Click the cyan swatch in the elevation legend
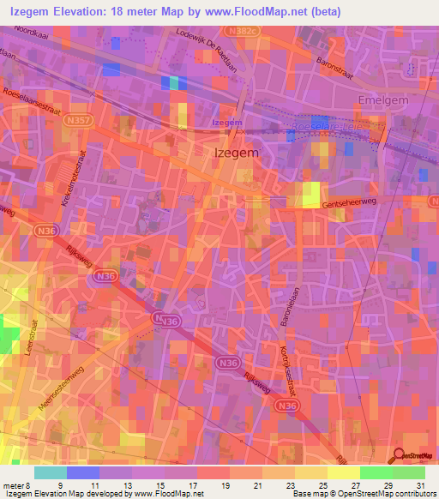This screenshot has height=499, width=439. click(x=50, y=472)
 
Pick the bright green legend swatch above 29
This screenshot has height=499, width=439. click(x=376, y=472)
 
